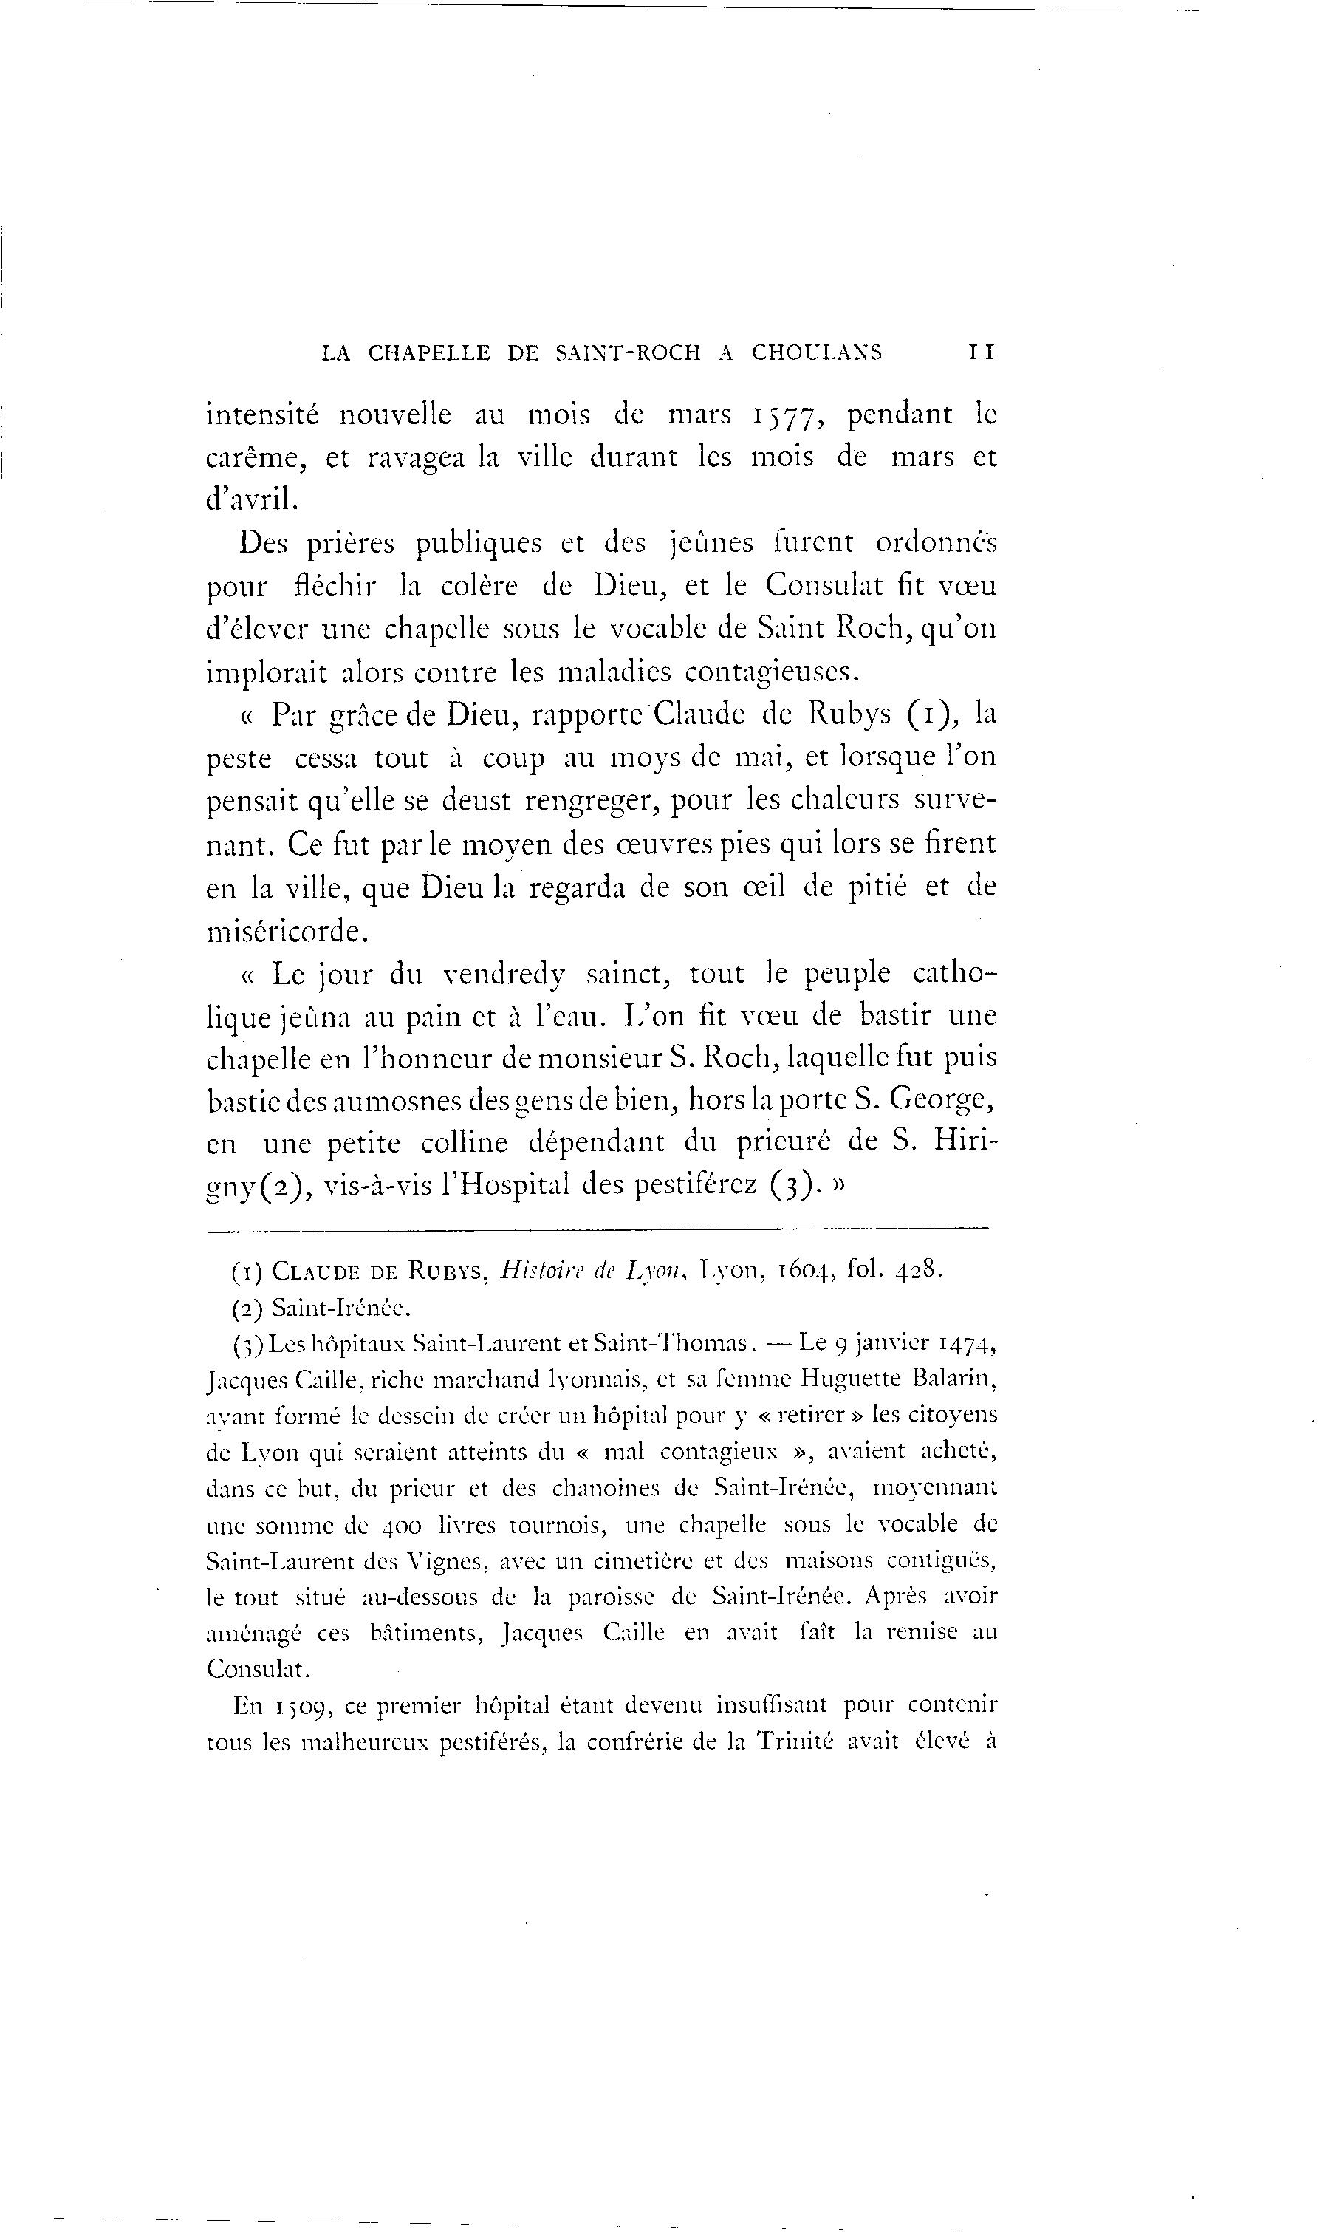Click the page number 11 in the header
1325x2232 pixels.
point(982,353)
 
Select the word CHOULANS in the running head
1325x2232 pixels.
point(816,353)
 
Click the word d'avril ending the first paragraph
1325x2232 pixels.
point(249,499)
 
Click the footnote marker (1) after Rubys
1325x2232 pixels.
point(931,714)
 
